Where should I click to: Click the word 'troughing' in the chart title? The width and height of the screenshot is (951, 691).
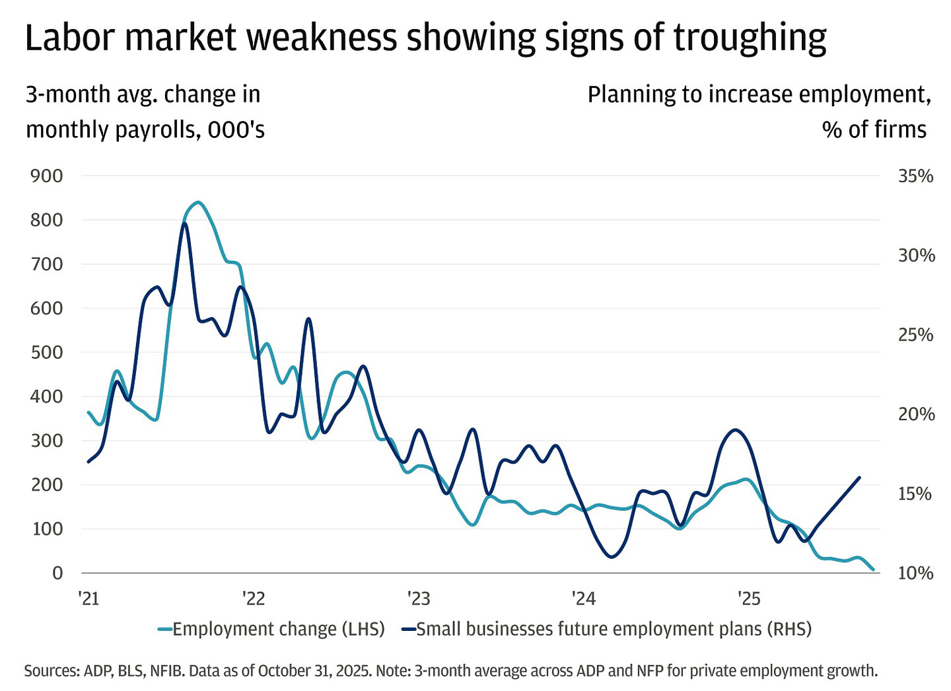750,38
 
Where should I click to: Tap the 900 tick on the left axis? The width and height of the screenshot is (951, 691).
47,176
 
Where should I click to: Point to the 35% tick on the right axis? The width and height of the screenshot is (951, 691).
915,176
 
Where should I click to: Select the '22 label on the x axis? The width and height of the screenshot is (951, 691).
253,599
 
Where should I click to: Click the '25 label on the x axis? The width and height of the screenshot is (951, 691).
749,599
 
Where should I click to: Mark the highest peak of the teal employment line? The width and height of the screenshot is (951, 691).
197,202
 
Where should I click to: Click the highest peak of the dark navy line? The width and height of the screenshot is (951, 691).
184,223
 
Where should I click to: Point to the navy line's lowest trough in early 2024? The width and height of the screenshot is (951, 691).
611,557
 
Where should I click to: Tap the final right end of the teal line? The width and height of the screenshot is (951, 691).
874,569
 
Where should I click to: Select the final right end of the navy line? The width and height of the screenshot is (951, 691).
860,477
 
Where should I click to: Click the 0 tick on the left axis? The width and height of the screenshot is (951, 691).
57,573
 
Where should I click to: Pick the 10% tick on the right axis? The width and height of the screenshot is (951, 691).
915,573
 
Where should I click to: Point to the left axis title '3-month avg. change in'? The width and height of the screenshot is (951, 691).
143,94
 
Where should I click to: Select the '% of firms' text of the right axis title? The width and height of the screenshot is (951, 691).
874,129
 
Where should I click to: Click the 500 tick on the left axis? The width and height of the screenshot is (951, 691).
47,352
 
